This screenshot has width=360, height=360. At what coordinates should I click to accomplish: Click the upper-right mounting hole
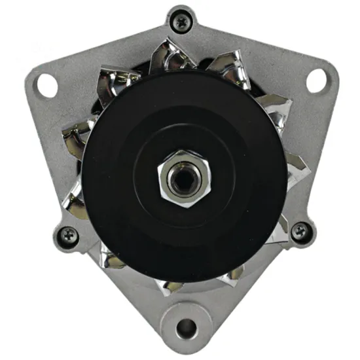point(317,80)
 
